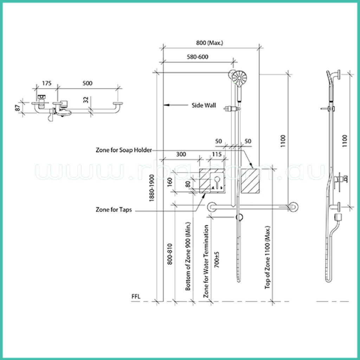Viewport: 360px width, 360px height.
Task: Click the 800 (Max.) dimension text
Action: (210, 43)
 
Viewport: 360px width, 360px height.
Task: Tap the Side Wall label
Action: (204, 105)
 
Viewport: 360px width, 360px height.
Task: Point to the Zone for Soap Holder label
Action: (123, 150)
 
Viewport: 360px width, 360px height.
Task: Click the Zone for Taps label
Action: (114, 210)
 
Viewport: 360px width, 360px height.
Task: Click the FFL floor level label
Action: (136, 297)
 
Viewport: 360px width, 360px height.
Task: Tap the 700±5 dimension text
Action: (217, 258)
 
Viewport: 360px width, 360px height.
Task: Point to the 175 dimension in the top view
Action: (47, 83)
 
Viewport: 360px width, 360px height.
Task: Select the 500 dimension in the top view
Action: (88, 83)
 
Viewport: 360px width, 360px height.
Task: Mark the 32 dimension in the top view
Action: (86, 100)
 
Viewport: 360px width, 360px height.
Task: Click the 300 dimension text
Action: (181, 154)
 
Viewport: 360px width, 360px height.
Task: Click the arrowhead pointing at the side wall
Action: (167, 105)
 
